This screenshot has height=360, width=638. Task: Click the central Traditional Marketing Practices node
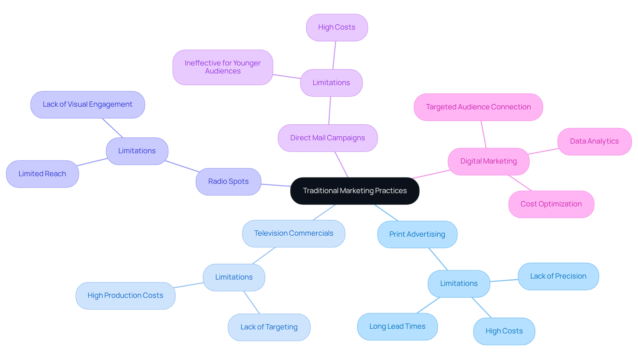tap(355, 191)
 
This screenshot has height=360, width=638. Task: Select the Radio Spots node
tap(228, 181)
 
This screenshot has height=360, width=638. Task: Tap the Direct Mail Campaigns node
tap(328, 138)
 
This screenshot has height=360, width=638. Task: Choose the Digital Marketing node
tap(488, 161)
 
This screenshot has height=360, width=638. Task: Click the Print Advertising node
tap(417, 234)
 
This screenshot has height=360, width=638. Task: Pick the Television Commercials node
tap(293, 233)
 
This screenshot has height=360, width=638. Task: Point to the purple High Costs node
tap(337, 27)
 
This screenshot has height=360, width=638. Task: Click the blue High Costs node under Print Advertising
tap(504, 331)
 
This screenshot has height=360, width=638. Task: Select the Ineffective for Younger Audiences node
tap(223, 67)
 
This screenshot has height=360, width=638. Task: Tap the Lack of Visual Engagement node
tap(87, 104)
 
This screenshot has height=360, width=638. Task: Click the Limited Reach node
tap(42, 174)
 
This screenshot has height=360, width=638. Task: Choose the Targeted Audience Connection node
tap(478, 107)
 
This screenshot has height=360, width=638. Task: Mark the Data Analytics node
tap(594, 141)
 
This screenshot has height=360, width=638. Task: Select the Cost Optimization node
tap(551, 204)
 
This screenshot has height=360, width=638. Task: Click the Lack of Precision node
tap(558, 276)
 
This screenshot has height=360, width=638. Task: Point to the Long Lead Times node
tap(397, 326)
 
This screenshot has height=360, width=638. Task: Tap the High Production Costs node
tap(125, 296)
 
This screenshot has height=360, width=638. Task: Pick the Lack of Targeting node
tap(269, 327)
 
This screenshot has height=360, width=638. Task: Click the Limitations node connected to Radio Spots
tap(137, 151)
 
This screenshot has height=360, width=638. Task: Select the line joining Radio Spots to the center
tap(276, 185)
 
